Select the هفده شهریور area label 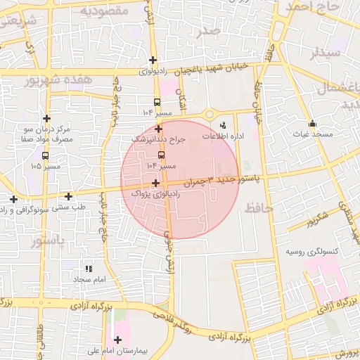point(58,80)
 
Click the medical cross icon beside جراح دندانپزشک point(159,129)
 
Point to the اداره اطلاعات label point(224,136)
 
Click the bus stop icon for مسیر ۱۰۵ point(46,156)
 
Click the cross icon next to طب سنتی point(68,196)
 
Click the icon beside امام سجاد point(89,268)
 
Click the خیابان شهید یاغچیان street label point(212,67)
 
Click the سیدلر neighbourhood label point(327,53)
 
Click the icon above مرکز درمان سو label point(47,118)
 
